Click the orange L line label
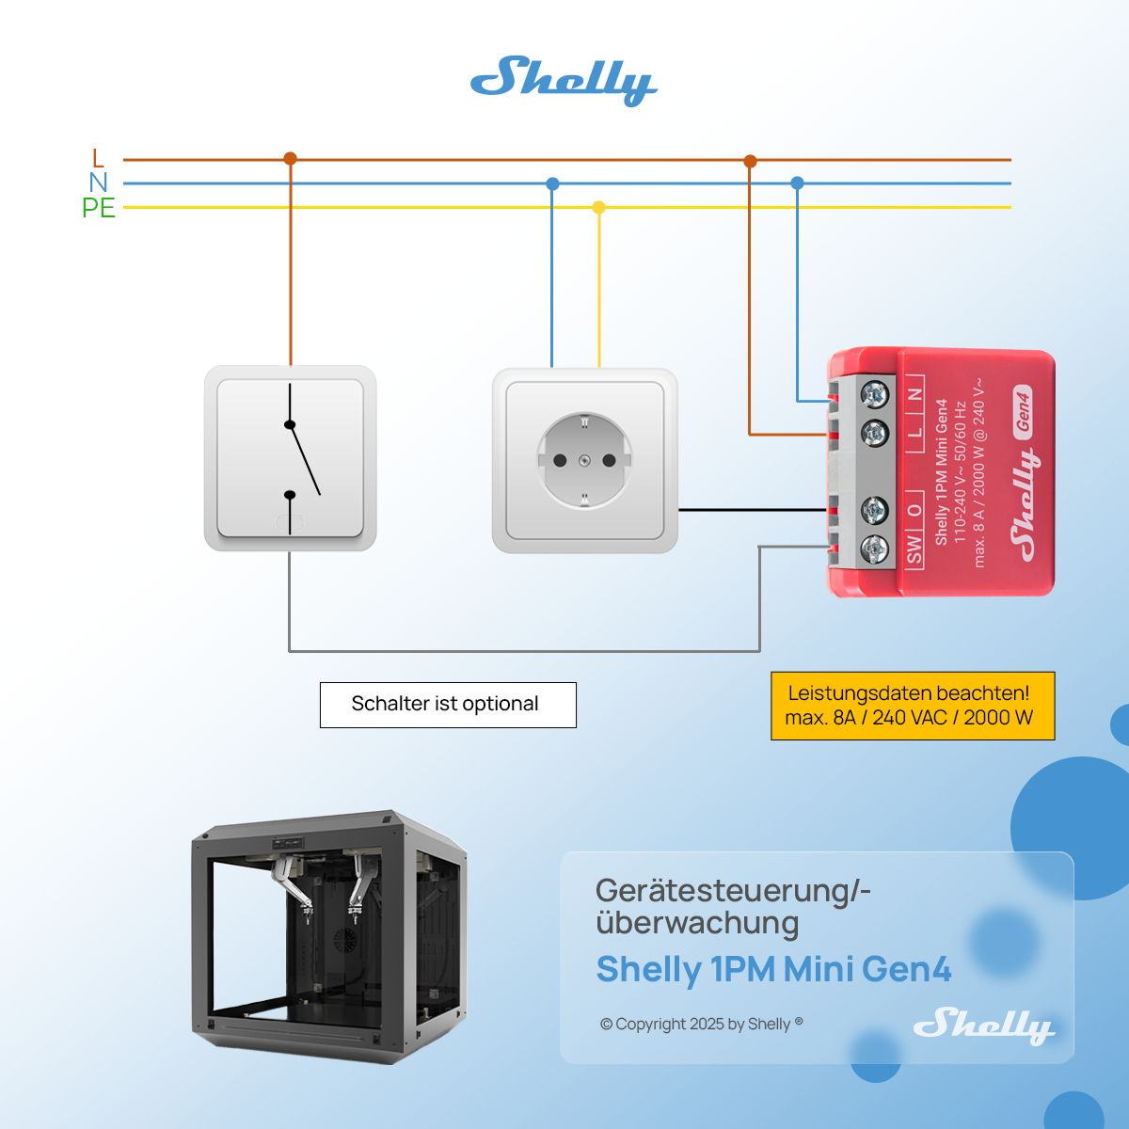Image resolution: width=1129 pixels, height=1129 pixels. coord(98,158)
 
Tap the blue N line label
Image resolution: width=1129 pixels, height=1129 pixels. coord(98,183)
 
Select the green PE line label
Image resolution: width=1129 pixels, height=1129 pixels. coord(99,208)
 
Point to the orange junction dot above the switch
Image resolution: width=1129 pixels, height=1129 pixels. coord(290,158)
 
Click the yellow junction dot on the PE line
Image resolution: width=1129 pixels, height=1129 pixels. coord(598,207)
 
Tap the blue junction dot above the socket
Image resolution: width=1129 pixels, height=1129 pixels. coord(552,183)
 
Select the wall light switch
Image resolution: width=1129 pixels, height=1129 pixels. coord(290,458)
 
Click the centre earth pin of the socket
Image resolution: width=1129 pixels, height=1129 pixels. coord(584,460)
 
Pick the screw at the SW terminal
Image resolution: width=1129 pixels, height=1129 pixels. coord(875,548)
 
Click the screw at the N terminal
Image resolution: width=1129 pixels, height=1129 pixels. coord(875,392)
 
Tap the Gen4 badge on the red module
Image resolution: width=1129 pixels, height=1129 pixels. coord(1023,410)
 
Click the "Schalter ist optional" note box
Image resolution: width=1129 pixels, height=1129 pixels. coord(448,705)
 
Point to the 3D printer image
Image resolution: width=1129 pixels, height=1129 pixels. coord(329,936)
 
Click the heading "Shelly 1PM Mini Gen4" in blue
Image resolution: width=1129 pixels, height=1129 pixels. coord(773,969)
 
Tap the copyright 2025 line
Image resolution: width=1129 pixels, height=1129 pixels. coord(701,1024)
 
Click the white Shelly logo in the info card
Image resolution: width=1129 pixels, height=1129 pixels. coord(983,1025)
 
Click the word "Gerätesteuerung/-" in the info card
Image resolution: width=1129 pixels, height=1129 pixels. coord(733,890)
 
